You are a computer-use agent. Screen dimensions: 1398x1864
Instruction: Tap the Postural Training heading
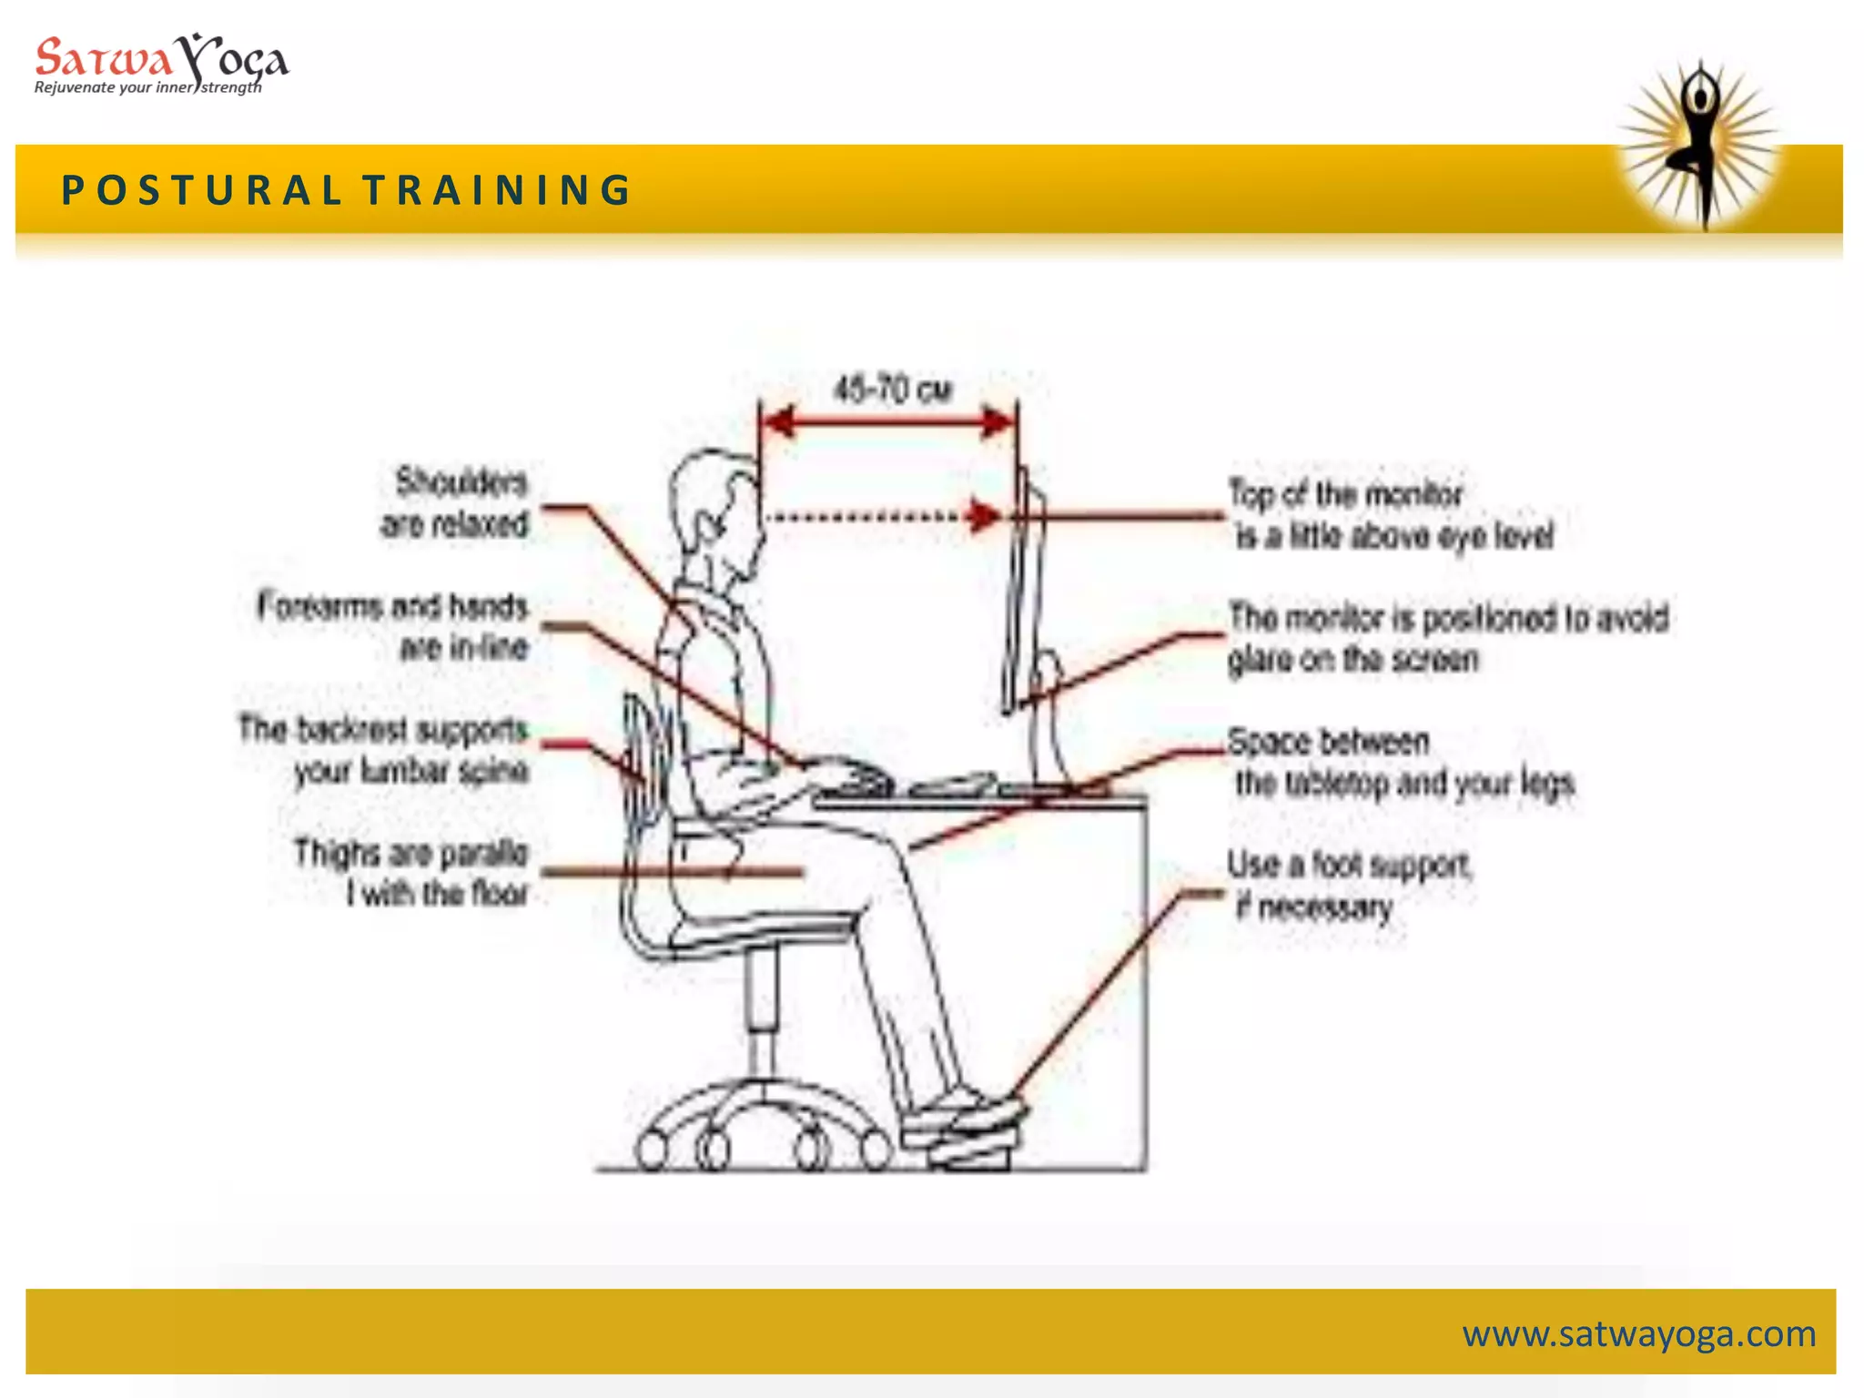(346, 190)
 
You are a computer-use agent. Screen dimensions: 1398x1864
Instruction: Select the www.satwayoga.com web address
(1638, 1334)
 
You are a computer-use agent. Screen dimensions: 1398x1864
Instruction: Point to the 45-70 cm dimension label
(893, 390)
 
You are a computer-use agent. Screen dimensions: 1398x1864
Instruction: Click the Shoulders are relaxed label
(455, 502)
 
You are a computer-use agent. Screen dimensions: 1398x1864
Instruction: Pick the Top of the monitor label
(1391, 514)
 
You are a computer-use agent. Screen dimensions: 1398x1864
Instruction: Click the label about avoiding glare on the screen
(1447, 638)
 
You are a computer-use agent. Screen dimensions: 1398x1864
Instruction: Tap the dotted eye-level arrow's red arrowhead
(983, 516)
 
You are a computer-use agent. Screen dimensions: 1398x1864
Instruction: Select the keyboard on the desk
(951, 785)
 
